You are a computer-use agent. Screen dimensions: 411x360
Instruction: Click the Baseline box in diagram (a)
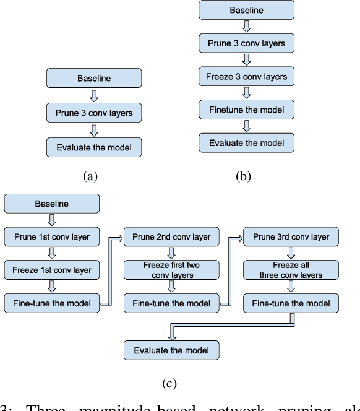coord(94,79)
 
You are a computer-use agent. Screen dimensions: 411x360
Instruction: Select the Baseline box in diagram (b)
coord(246,11)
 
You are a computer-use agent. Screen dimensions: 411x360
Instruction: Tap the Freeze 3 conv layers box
coord(246,77)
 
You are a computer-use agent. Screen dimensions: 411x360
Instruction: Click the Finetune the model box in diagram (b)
coord(246,110)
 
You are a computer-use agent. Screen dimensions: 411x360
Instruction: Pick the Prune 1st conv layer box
coord(52,236)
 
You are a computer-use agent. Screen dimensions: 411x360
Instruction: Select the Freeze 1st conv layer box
coord(52,270)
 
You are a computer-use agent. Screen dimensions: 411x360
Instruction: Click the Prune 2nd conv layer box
coord(171,236)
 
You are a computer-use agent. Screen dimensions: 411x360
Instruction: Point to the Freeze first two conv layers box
coord(171,270)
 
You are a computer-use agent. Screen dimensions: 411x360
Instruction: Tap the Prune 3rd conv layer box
coord(291,236)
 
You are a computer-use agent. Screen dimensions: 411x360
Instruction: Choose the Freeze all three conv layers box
coord(291,270)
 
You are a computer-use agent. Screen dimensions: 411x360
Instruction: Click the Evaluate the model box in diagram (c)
coord(171,350)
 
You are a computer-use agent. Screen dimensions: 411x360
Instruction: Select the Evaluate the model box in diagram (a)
coord(94,147)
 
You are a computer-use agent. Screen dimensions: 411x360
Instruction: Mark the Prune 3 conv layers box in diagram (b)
coord(246,44)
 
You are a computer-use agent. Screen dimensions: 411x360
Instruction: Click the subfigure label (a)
coord(91,176)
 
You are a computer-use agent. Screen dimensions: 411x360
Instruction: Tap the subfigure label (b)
coord(244,176)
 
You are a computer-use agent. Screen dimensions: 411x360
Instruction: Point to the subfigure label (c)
coord(169,384)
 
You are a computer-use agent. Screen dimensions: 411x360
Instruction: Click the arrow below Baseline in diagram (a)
coord(94,95)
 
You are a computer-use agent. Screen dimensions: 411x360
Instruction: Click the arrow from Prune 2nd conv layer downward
coord(171,253)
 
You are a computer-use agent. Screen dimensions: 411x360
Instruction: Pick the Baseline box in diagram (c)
coord(52,203)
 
